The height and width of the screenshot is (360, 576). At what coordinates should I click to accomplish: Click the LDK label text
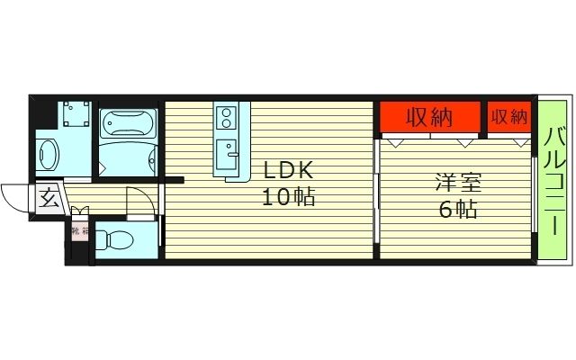pos(288,170)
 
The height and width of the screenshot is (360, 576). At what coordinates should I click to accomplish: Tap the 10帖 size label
pos(288,197)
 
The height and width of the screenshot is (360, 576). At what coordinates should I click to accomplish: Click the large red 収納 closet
pos(429,117)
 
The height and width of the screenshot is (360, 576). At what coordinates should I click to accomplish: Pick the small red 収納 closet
pos(508,117)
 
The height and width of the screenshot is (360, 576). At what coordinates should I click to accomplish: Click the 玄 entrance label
pos(49,199)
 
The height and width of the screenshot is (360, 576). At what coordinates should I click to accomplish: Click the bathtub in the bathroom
pos(127,121)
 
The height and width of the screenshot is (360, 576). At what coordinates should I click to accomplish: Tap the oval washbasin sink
pos(49,156)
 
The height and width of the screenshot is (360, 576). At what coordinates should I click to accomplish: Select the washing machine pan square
pos(75,116)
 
